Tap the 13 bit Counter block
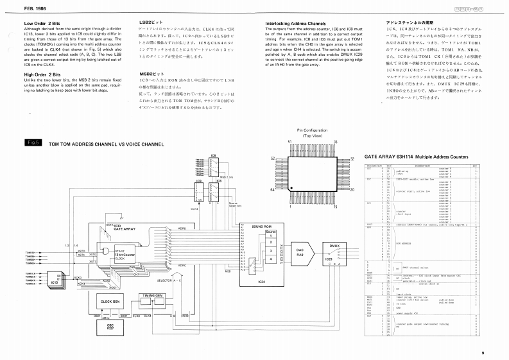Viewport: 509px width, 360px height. (126, 255)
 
